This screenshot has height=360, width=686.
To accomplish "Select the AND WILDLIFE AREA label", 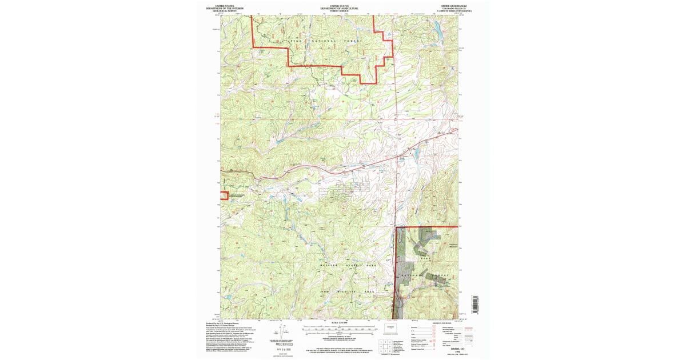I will (347, 291).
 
